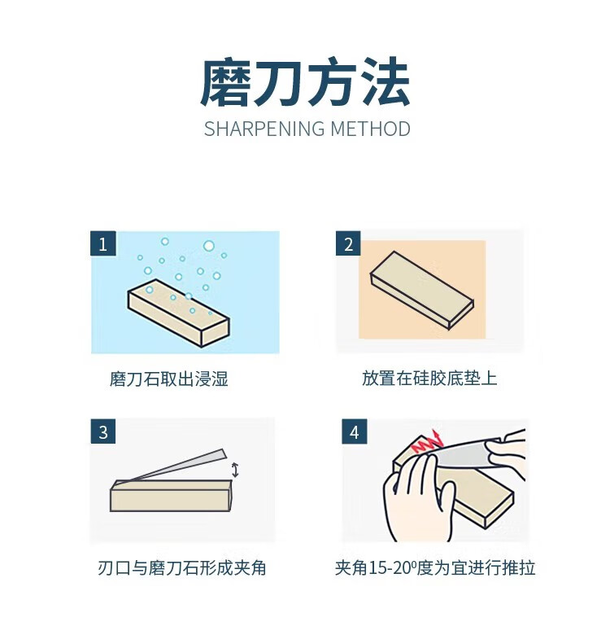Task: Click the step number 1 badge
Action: coord(103,243)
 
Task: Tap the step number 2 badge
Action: coord(348,243)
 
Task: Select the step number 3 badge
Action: coord(103,431)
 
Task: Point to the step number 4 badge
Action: coord(355,431)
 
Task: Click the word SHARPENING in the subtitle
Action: coord(264,129)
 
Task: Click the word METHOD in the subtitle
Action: coord(371,129)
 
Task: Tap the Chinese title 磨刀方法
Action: coord(305,82)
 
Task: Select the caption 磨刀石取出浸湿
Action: coord(169,379)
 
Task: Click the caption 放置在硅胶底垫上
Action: coord(429,379)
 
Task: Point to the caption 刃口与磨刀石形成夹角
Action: coord(182,567)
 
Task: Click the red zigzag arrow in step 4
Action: coord(427,442)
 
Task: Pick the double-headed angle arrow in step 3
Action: coord(235,470)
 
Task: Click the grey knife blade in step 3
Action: coord(174,465)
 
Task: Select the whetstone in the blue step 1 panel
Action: coord(178,313)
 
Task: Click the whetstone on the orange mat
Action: coord(422,290)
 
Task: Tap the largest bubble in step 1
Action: coord(209,246)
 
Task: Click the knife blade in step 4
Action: coord(465,453)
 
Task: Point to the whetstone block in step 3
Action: coord(171,495)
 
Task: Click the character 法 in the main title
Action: coord(386,82)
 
